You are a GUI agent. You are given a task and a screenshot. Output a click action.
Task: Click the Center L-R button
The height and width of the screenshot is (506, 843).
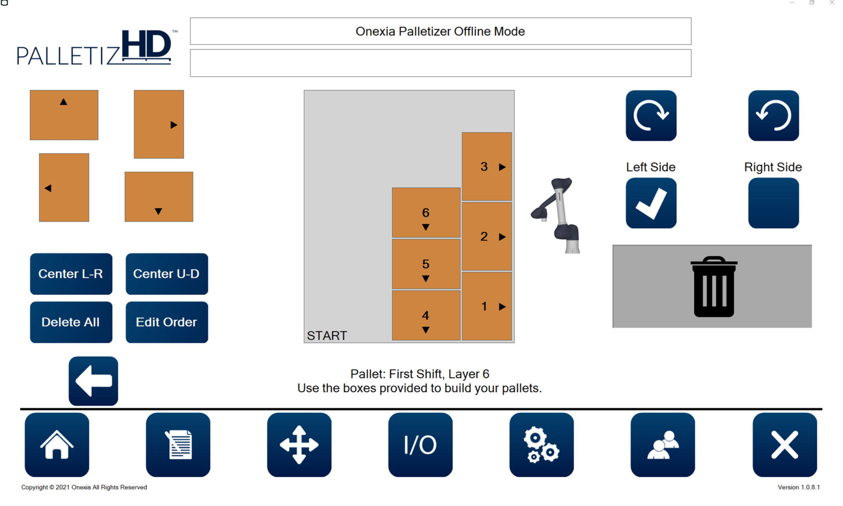pyautogui.click(x=71, y=274)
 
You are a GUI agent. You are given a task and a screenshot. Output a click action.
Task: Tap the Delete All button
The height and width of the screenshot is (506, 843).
pyautogui.click(x=71, y=322)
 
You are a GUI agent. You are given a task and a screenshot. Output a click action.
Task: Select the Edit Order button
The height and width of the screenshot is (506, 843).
pyautogui.click(x=167, y=322)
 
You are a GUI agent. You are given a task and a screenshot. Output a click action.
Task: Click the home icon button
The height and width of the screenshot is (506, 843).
pyautogui.click(x=57, y=445)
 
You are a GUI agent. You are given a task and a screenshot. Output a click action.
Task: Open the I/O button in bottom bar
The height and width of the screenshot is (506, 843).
pyautogui.click(x=420, y=445)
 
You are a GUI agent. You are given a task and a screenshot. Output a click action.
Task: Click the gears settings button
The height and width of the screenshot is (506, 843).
pyautogui.click(x=541, y=445)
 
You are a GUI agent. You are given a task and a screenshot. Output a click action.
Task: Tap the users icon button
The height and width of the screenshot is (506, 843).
pyautogui.click(x=663, y=445)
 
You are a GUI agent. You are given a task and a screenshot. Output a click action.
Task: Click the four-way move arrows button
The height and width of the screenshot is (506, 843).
pyautogui.click(x=299, y=445)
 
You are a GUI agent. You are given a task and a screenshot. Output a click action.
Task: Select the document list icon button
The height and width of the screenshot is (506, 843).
pyautogui.click(x=178, y=445)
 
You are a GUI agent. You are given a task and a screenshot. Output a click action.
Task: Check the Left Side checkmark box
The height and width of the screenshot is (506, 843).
pyautogui.click(x=651, y=203)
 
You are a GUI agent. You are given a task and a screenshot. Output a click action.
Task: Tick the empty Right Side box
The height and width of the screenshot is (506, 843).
pyautogui.click(x=773, y=203)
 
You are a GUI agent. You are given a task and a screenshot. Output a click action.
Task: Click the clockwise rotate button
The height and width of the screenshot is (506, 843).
pyautogui.click(x=651, y=116)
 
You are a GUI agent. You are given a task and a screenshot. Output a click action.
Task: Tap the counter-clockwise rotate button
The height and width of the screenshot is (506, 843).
pyautogui.click(x=773, y=116)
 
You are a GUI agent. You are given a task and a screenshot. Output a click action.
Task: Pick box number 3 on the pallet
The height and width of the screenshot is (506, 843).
pyautogui.click(x=487, y=166)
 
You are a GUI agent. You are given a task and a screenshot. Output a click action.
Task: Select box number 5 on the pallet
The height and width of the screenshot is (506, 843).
pyautogui.click(x=426, y=264)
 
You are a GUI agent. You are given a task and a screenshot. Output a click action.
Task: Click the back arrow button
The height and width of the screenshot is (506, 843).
pyautogui.click(x=93, y=381)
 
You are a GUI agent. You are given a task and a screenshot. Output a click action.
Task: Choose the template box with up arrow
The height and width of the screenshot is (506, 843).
pyautogui.click(x=64, y=115)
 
